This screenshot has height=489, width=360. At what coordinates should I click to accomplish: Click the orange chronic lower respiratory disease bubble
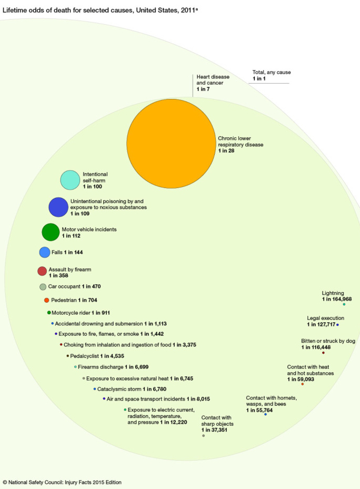pos(172,143)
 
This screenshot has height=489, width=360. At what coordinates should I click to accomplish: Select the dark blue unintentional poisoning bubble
pos(58,207)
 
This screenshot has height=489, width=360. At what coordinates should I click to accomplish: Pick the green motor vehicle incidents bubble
pos(51,232)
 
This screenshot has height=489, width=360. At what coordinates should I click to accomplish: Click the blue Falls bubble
pos(45,252)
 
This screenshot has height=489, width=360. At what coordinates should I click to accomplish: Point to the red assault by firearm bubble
pos(42,271)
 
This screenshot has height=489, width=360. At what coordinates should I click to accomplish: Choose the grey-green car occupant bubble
pos(43,287)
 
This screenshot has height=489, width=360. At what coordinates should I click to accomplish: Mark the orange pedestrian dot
pos(46,300)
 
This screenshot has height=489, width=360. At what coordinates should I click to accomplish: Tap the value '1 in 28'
pos(226,151)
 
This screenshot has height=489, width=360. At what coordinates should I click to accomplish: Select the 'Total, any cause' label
pos(272,73)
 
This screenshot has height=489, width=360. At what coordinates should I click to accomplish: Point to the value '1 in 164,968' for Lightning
pos(337,299)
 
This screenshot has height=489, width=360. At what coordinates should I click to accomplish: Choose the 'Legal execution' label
pos(325,318)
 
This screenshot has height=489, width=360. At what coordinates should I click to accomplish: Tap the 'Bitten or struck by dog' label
pos(328,341)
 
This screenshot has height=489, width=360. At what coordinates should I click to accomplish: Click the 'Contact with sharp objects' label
pos(217,420)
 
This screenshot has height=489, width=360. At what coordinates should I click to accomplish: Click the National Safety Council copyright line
pos(66,482)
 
